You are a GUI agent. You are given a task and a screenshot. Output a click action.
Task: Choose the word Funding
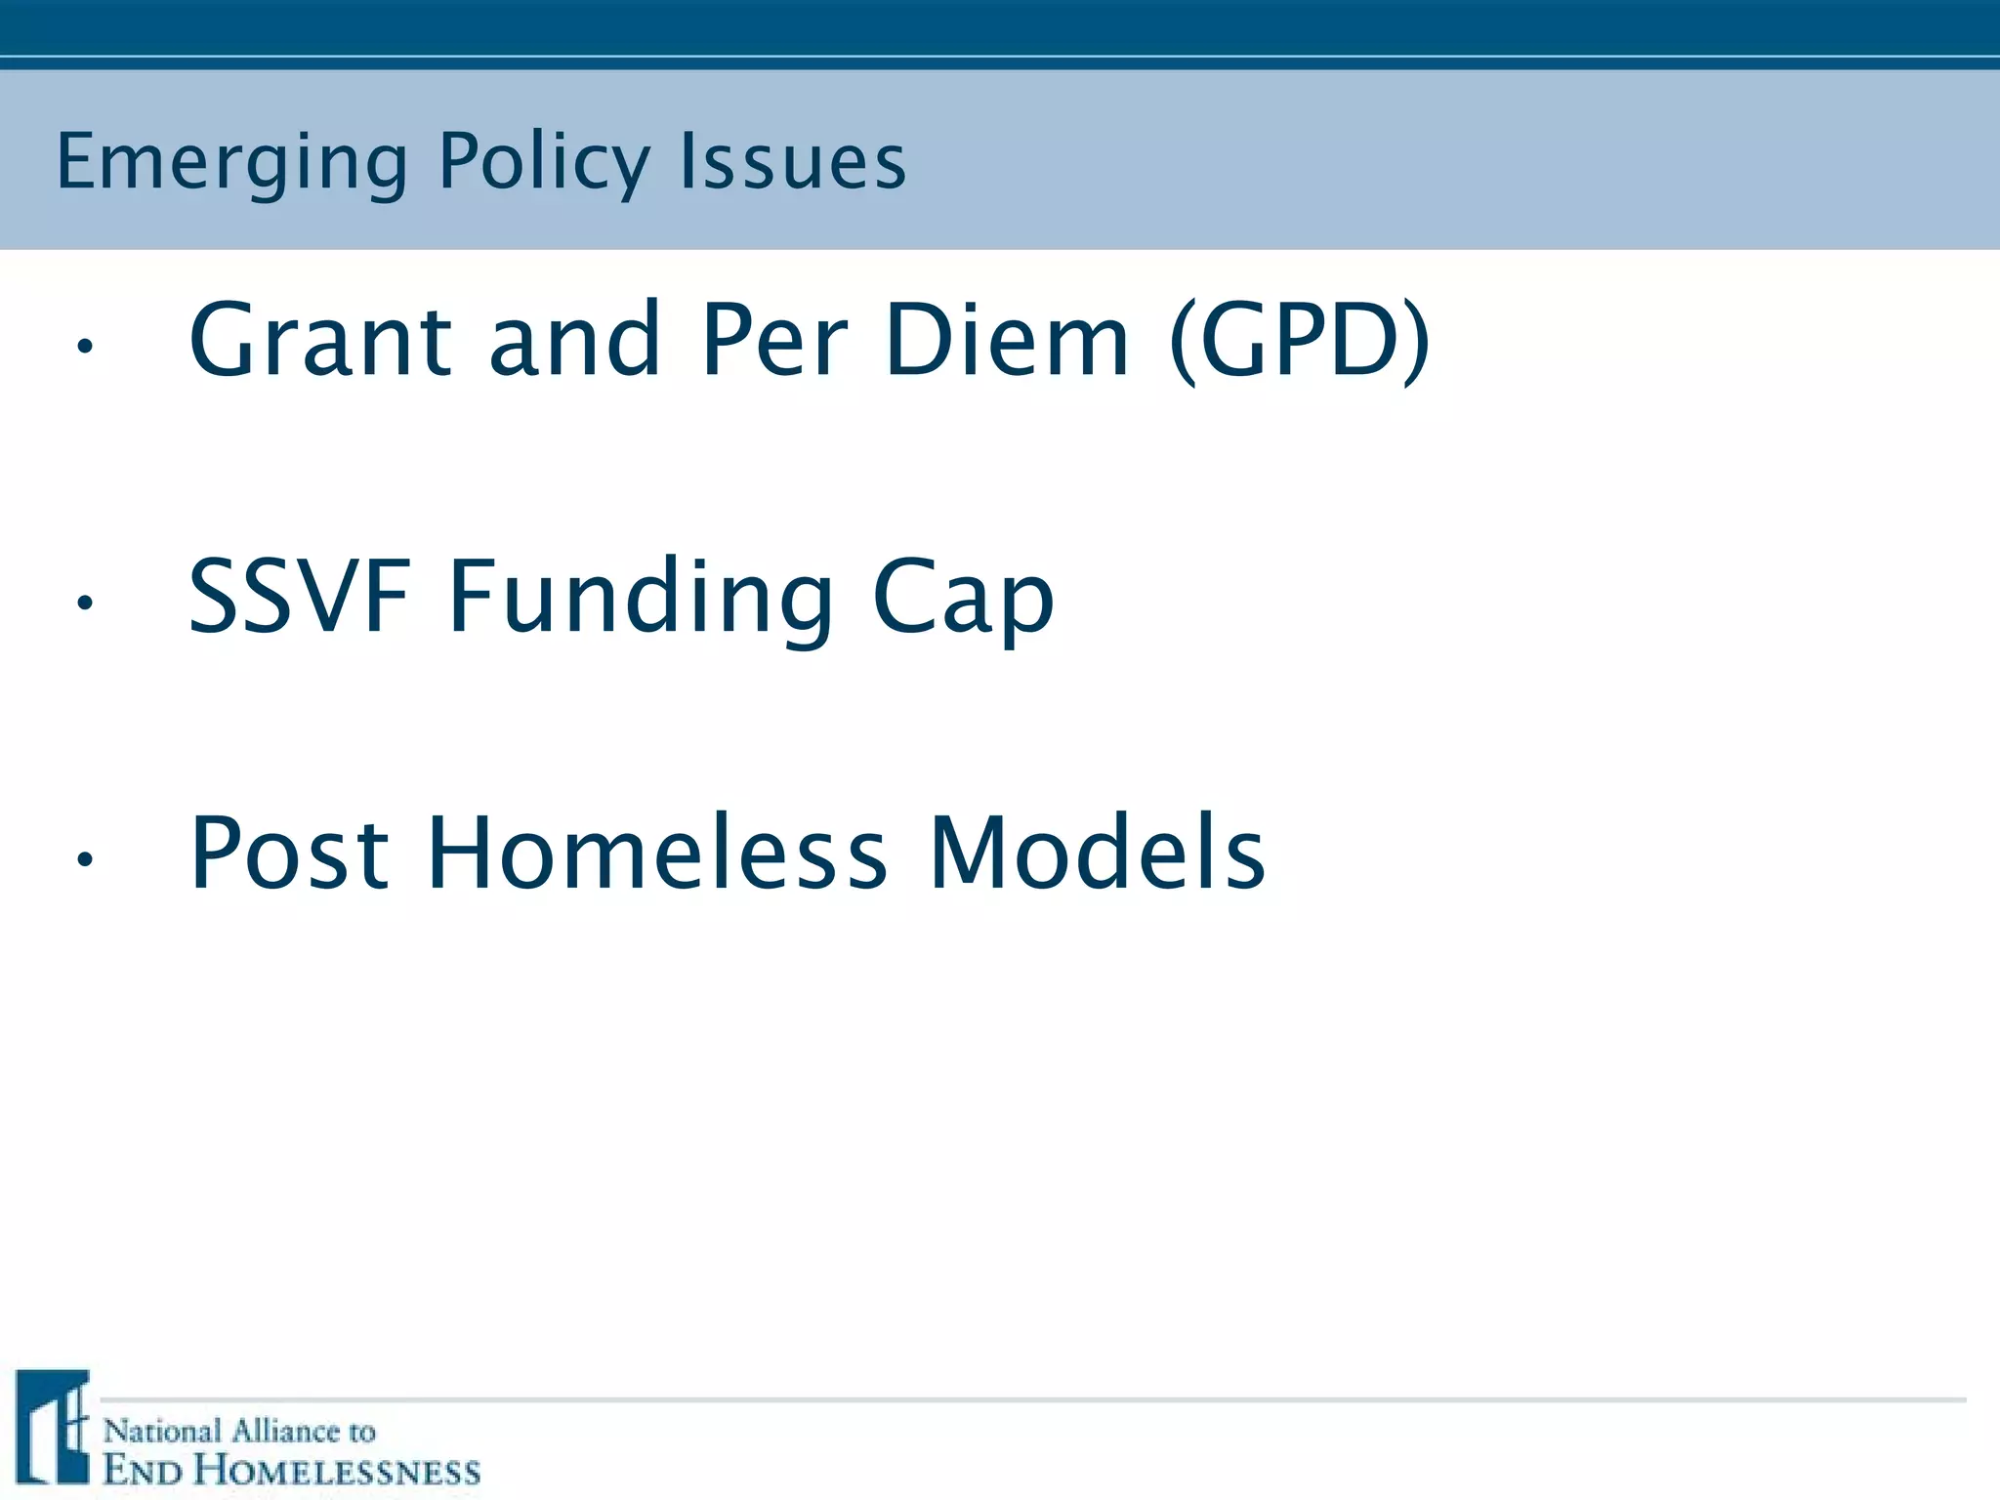pos(641,598)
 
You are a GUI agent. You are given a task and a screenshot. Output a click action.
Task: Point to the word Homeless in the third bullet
pos(657,854)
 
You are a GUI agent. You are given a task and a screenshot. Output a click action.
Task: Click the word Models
pos(1097,854)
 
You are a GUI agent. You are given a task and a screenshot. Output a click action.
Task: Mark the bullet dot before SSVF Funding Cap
pos(85,604)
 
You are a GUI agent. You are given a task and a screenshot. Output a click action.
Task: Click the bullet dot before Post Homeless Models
pos(85,859)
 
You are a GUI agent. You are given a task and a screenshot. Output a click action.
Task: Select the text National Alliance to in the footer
pos(239,1432)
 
